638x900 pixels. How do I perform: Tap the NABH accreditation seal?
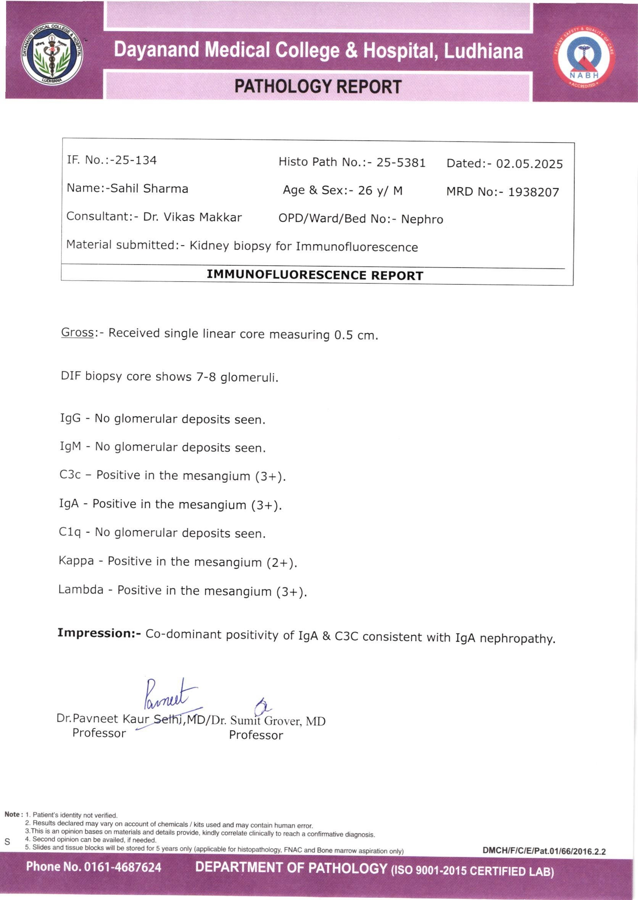584,57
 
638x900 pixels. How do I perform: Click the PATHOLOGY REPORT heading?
318,87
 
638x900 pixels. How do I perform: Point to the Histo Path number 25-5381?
401,162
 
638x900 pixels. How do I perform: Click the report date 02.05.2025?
529,164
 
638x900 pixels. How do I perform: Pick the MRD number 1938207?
533,193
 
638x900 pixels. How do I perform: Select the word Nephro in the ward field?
422,220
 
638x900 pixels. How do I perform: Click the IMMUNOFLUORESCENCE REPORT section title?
315,275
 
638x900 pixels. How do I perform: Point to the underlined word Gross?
77,332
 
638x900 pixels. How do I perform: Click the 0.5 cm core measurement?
355,335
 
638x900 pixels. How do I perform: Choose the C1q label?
69,532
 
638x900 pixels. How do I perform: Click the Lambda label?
81,590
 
